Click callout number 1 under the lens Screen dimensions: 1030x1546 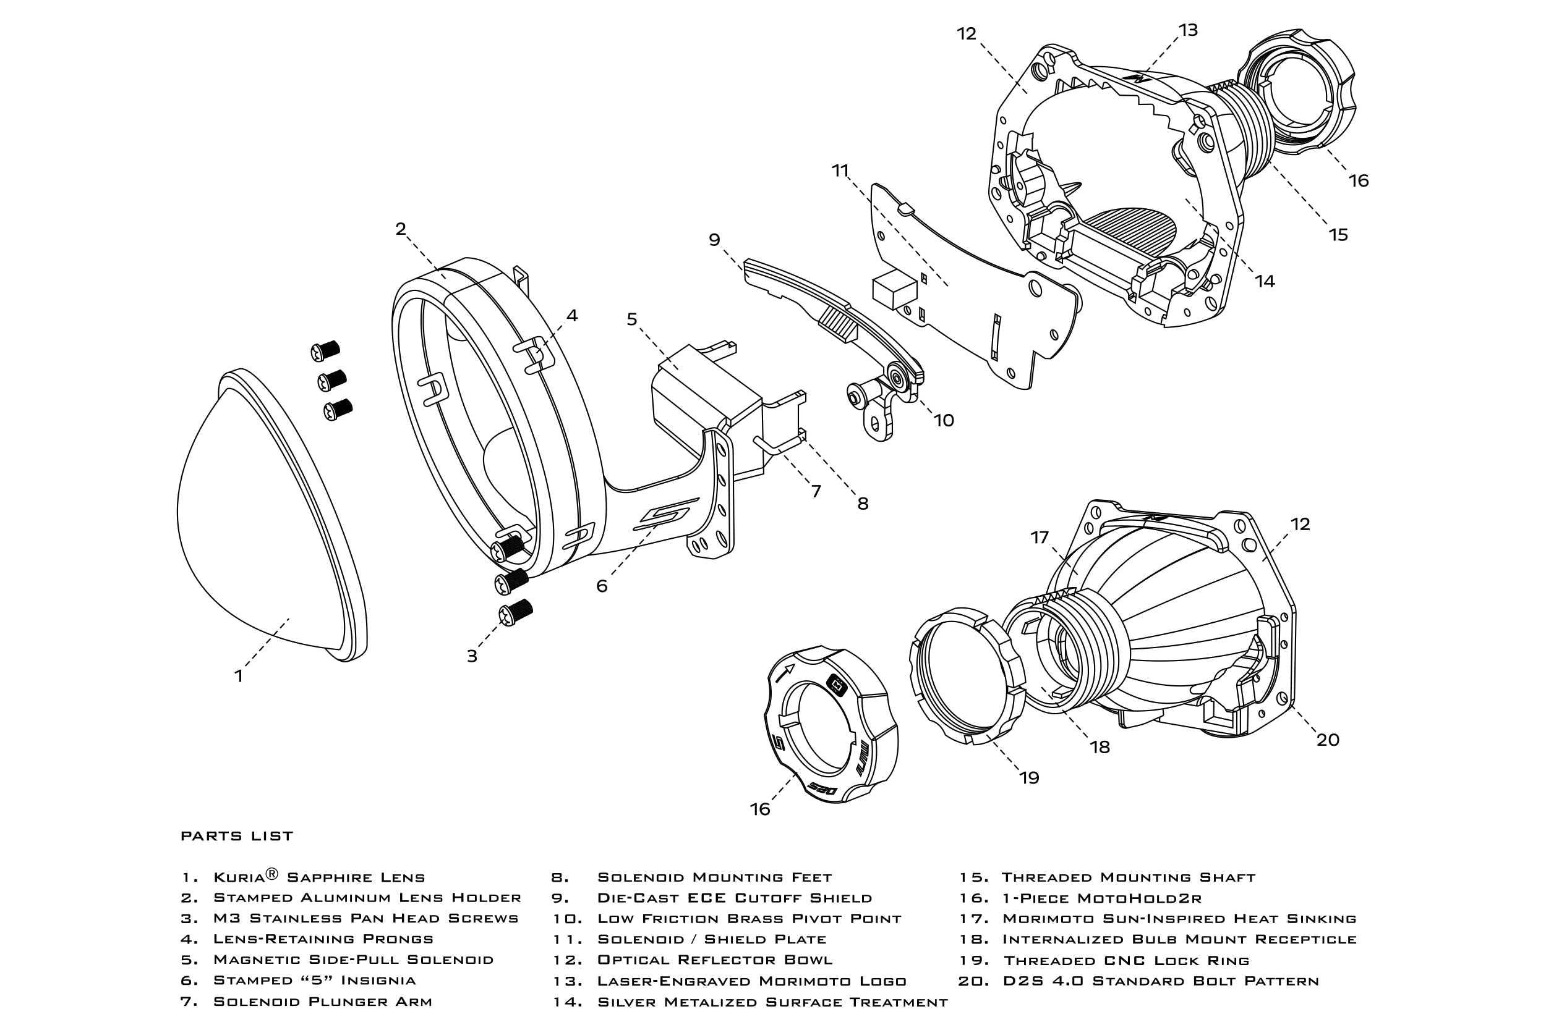coord(239,676)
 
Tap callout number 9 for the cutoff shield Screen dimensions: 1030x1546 coord(714,240)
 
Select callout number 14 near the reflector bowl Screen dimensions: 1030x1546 coord(1264,281)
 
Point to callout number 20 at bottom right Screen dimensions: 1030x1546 coord(1328,740)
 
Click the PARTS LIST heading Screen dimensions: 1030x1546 coord(237,836)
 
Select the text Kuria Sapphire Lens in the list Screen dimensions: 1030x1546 coord(319,877)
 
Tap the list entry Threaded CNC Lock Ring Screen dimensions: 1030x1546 coord(1126,960)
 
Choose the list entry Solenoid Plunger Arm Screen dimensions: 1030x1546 coord(323,1002)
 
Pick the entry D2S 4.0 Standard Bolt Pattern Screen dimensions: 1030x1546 coord(1161,981)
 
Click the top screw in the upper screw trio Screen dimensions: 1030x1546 coord(325,351)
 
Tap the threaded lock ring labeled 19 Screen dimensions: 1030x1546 coord(966,677)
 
